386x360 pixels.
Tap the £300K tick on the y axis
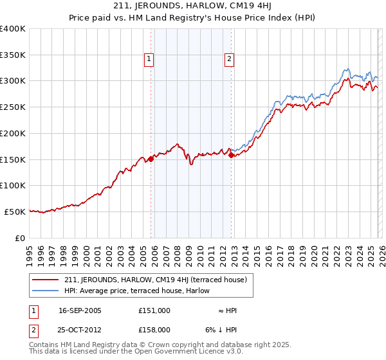tap(13, 81)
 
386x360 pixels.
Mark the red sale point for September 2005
tap(151, 159)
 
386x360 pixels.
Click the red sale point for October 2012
tap(231, 155)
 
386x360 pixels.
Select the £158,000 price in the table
tap(154, 329)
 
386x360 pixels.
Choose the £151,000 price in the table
tap(154, 310)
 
